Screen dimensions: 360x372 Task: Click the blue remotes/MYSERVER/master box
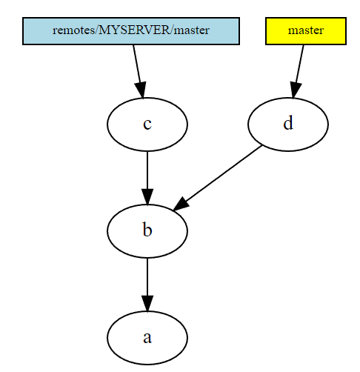[131, 31]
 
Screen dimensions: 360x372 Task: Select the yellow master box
[306, 31]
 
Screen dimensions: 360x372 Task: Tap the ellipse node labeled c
[147, 124]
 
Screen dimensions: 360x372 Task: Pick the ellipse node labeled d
[288, 124]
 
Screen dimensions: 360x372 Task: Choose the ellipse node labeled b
[147, 231]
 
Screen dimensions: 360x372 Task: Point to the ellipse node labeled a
[147, 338]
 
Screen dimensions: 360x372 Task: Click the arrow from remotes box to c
[139, 72]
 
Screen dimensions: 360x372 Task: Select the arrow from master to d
[298, 72]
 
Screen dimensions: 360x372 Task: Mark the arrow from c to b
[147, 178]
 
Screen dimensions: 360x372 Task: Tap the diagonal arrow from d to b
[217, 178]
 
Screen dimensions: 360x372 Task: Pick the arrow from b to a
[147, 285]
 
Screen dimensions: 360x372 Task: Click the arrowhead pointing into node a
[147, 303]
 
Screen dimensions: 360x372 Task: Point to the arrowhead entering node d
[295, 90]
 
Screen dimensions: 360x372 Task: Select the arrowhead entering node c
[141, 90]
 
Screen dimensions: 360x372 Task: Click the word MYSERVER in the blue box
[134, 30]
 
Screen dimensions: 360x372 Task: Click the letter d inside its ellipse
[288, 123]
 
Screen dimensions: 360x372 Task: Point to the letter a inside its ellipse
[147, 338]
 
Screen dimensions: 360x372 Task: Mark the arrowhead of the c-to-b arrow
[147, 196]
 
